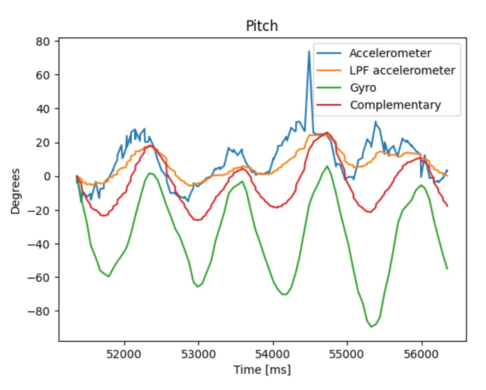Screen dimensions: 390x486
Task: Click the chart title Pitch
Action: pyautogui.click(x=262, y=26)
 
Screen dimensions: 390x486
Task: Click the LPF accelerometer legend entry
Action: pyautogui.click(x=402, y=70)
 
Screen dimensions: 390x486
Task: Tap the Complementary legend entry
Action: pyautogui.click(x=395, y=105)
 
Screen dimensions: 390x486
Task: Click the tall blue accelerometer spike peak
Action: pyautogui.click(x=309, y=52)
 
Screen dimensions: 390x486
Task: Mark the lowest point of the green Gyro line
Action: pyautogui.click(x=371, y=327)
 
